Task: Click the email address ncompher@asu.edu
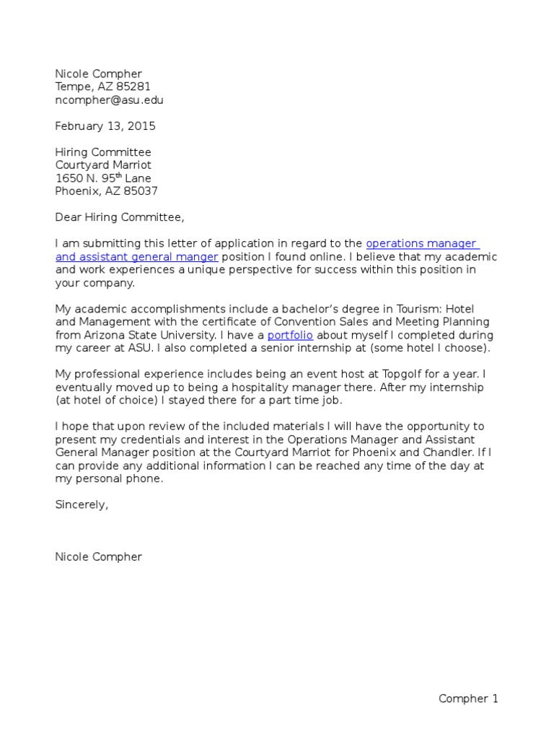click(114, 100)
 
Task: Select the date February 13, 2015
click(105, 126)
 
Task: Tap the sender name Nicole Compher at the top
click(99, 74)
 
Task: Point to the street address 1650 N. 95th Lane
click(103, 178)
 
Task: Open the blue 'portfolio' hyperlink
click(291, 335)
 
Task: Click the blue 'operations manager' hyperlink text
click(422, 243)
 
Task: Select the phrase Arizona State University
click(151, 335)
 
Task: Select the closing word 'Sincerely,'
click(82, 504)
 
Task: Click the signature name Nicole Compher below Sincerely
click(99, 556)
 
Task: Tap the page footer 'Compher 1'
click(469, 698)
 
